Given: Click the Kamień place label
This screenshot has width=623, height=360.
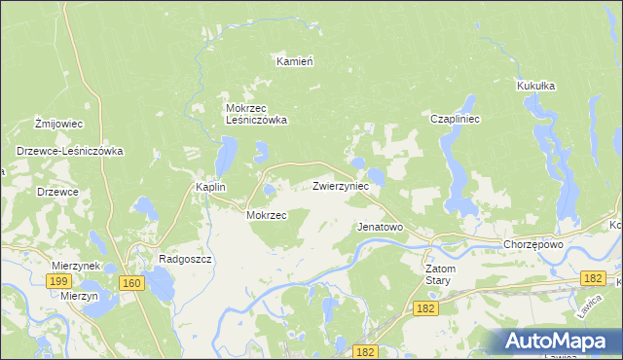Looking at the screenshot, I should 294,61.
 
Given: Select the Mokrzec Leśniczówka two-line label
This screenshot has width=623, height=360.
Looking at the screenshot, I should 255,114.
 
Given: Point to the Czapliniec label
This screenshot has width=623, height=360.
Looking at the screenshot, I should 452,119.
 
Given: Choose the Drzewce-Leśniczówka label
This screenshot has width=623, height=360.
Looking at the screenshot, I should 68,151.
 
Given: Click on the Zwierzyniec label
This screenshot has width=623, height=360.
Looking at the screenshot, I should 341,185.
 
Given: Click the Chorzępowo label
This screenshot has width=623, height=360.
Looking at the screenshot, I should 533,244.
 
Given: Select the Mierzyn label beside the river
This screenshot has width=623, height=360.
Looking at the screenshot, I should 79,296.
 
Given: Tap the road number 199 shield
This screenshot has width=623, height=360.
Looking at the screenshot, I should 57,280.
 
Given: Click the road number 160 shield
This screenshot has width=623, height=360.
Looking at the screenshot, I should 132,283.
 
